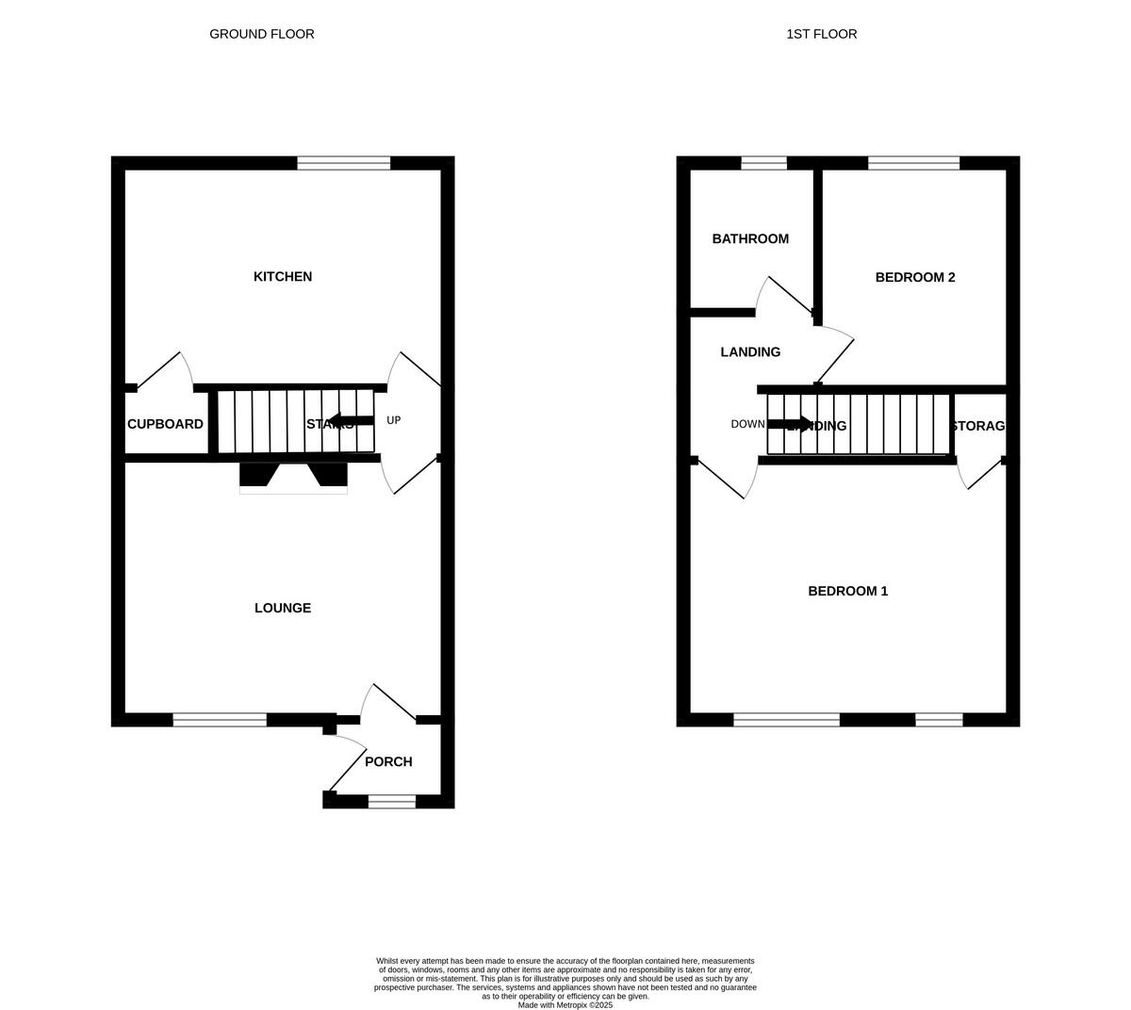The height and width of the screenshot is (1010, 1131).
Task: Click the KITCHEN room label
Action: [283, 276]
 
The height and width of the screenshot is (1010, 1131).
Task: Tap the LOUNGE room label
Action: [283, 608]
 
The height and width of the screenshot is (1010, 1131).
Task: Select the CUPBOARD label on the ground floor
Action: [165, 424]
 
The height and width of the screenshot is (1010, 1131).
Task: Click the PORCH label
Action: [388, 761]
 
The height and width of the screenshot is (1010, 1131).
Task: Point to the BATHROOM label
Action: [750, 238]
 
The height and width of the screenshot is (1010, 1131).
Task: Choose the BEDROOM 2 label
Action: [915, 277]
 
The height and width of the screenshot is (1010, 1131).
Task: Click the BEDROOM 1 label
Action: [848, 591]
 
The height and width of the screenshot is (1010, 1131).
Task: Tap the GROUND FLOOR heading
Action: [262, 34]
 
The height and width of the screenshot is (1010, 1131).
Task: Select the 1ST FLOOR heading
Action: [822, 34]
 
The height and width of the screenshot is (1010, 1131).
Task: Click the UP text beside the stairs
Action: [394, 420]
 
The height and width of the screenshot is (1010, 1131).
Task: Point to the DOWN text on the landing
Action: [747, 424]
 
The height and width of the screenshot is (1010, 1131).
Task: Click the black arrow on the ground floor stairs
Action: [350, 420]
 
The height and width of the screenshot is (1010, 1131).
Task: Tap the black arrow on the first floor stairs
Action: [790, 424]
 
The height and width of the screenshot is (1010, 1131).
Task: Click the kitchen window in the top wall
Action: [344, 163]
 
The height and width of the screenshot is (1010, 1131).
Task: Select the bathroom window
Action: [763, 163]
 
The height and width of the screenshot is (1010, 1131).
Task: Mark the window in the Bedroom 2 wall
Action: [913, 163]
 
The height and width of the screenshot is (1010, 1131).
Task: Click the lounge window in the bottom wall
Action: [220, 720]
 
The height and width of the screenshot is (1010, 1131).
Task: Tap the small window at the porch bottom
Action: [391, 802]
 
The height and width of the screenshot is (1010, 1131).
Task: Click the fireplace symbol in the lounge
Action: [293, 477]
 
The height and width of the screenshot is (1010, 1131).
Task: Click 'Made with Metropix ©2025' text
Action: [565, 1005]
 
